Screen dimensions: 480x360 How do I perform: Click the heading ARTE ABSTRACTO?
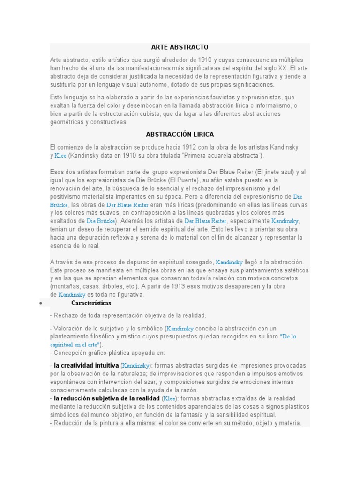pyautogui.click(x=180, y=47)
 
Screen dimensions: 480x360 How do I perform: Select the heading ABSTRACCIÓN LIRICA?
pyautogui.click(x=180, y=135)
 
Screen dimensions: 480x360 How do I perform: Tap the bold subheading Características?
pyautogui.click(x=91, y=303)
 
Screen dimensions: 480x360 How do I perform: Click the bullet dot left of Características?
pyautogui.click(x=41, y=303)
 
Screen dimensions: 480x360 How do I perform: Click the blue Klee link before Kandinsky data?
pyautogui.click(x=60, y=156)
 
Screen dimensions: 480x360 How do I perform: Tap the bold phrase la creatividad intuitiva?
pyautogui.click(x=86, y=365)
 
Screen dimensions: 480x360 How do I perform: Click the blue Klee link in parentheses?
pyautogui.click(x=169, y=399)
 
